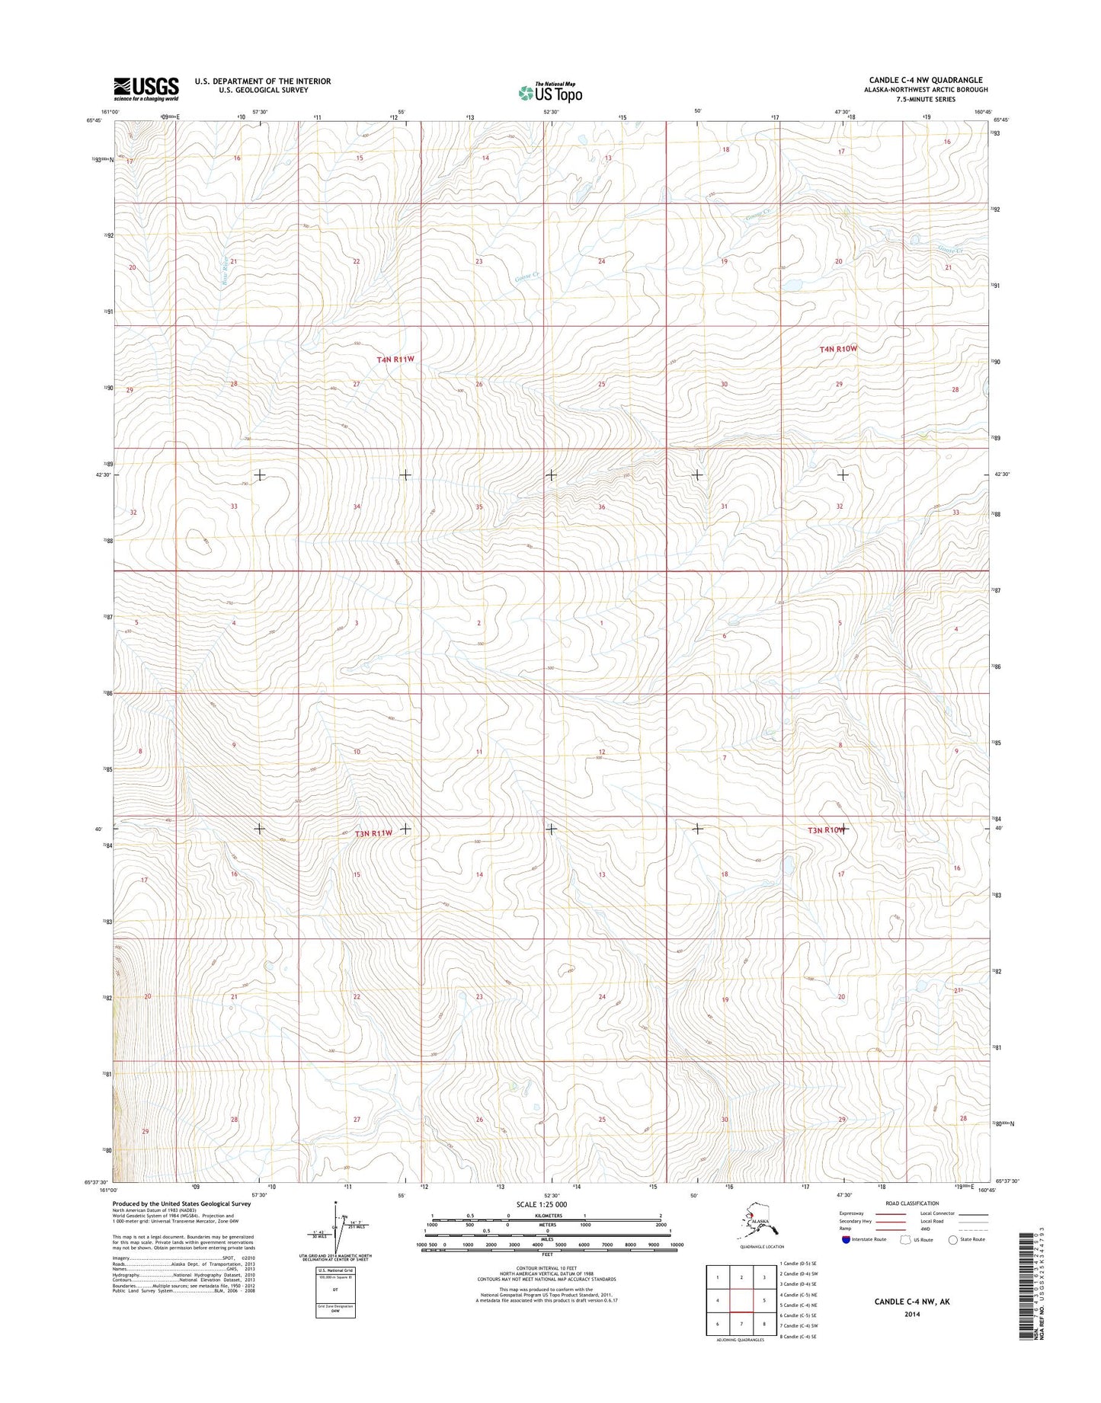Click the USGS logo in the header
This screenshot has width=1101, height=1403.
tap(146, 88)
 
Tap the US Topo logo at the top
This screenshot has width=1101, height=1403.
tap(550, 93)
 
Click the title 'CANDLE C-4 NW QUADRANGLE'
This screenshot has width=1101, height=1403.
tap(925, 80)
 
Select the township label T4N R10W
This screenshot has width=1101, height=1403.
tap(838, 349)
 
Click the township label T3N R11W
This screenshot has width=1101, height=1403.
tap(368, 833)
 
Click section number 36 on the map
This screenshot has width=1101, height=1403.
tap(602, 507)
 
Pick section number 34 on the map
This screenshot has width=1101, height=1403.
tap(357, 507)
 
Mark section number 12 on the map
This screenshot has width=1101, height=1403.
tap(602, 752)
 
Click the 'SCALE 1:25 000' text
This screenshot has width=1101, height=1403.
tap(541, 1204)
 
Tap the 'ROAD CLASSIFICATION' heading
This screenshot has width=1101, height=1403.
tap(913, 1203)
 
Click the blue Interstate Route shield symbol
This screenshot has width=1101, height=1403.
tap(846, 1239)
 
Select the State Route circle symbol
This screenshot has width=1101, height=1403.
tap(952, 1239)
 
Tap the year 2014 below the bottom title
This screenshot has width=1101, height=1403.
tap(912, 1314)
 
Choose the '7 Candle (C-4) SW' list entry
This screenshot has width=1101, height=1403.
tap(798, 1325)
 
